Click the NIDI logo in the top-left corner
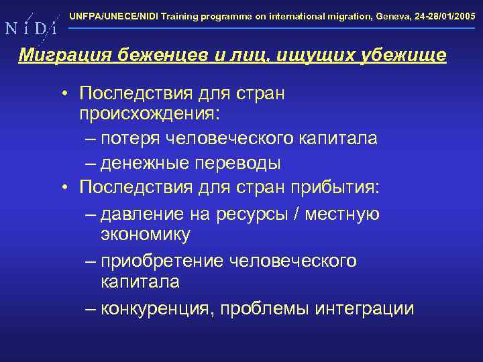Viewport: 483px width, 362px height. click(30, 27)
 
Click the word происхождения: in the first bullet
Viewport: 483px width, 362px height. click(149, 114)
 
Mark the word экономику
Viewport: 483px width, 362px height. click(146, 234)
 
